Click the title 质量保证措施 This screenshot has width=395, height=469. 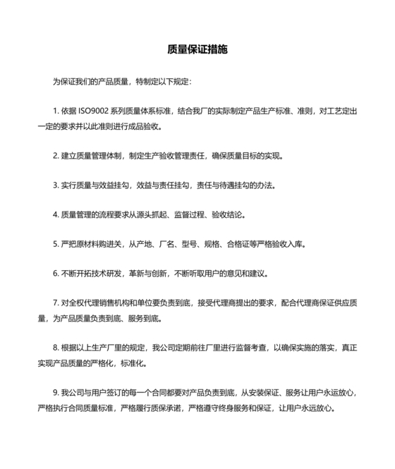pyautogui.click(x=197, y=51)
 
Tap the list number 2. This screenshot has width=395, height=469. pyautogui.click(x=54, y=154)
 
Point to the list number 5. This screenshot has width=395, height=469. pyautogui.click(x=54, y=243)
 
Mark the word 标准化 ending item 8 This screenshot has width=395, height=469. pyautogui.click(x=133, y=363)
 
